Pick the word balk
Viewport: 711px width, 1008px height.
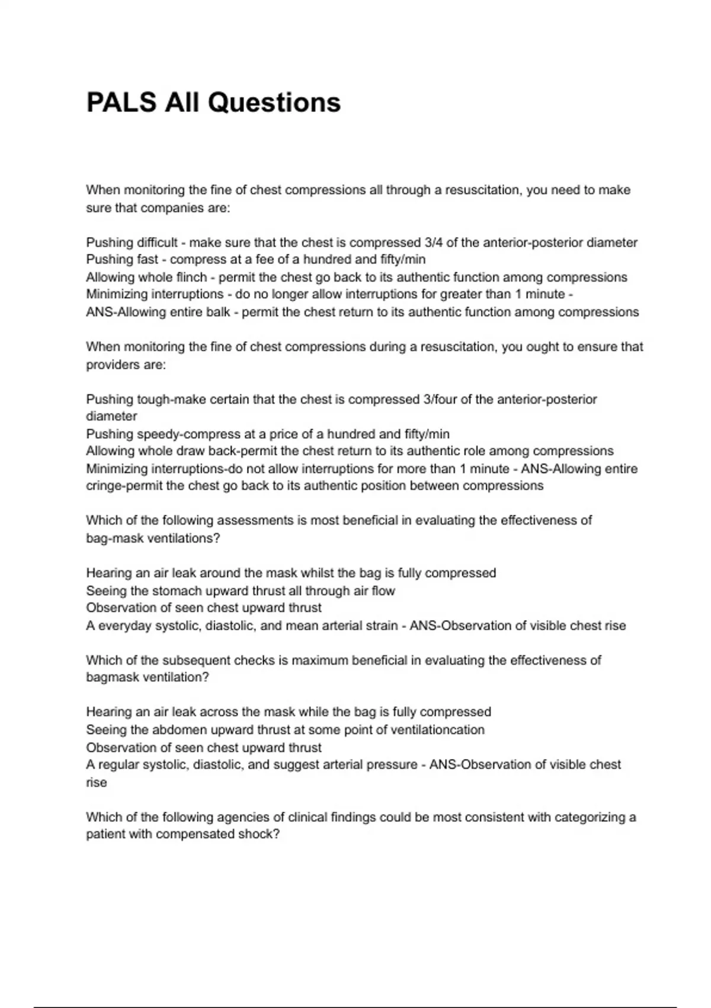pos(218,312)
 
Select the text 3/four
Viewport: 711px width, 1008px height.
pos(440,400)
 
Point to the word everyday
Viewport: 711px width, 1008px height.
pos(125,626)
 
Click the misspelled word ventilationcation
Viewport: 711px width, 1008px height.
pos(437,730)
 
